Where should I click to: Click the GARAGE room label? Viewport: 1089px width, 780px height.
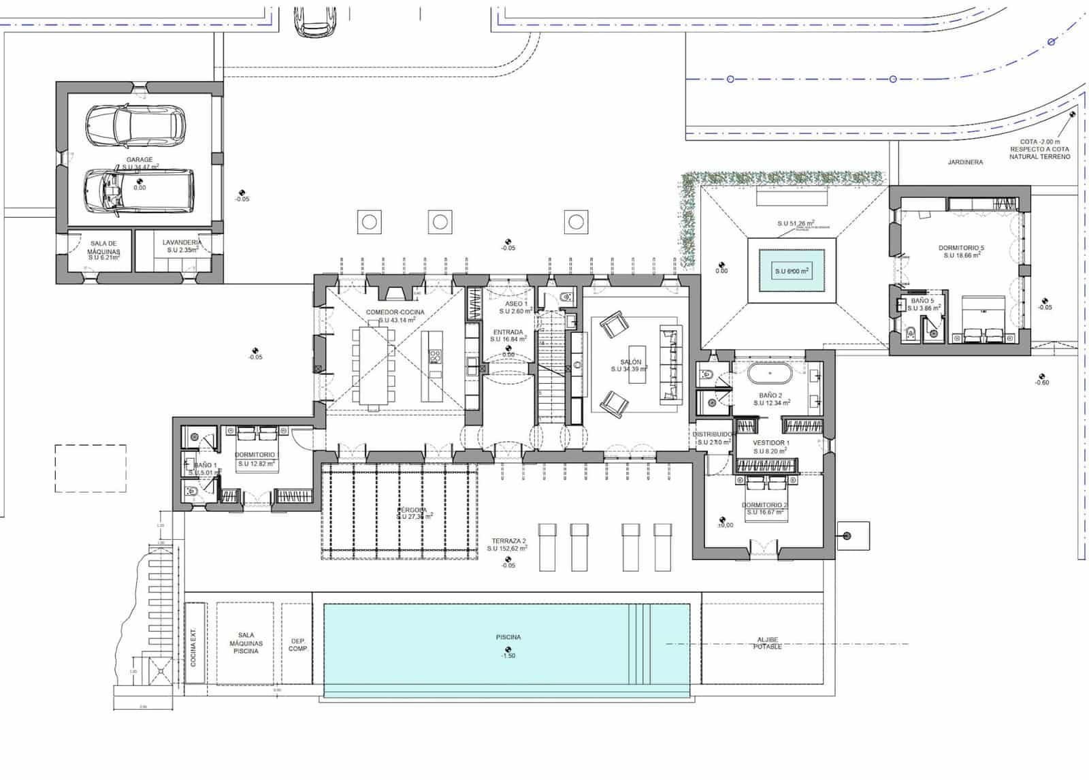point(139,160)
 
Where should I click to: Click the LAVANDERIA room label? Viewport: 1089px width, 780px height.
point(182,242)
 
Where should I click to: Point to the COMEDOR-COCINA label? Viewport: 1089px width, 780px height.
point(395,312)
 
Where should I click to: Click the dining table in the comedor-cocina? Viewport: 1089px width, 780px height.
point(373,368)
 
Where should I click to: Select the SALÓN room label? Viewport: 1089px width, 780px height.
point(630,362)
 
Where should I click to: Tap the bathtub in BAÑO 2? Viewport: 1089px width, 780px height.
point(770,374)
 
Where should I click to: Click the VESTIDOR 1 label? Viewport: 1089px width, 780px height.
point(771,442)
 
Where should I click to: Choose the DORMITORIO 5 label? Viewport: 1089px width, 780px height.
point(961,248)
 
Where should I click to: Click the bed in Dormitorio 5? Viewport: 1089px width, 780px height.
point(983,319)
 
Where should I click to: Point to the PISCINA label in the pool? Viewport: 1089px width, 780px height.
point(508,638)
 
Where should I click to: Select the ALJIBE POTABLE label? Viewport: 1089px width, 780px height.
point(767,643)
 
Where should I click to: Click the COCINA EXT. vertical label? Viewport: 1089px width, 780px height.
point(194,647)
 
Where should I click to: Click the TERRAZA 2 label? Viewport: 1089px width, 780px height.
point(509,541)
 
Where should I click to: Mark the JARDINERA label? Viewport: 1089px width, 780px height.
point(964,162)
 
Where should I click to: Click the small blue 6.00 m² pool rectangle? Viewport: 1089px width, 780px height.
point(792,270)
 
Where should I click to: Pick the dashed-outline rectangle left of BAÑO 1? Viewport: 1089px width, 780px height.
point(91,468)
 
